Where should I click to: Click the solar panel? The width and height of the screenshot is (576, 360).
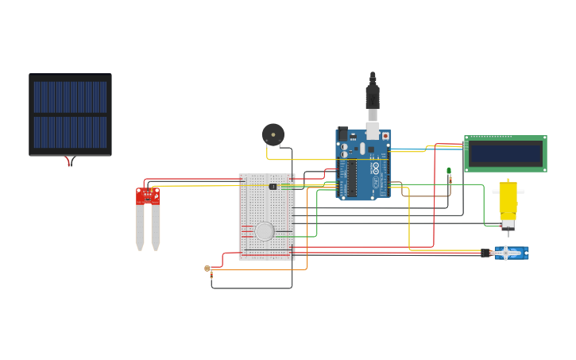[70, 114]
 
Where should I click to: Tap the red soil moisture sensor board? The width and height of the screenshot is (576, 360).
[148, 195]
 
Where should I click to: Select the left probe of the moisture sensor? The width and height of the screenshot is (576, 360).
[140, 226]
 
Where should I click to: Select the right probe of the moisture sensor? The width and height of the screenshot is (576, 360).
[156, 226]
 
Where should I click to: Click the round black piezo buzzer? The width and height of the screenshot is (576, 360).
[273, 134]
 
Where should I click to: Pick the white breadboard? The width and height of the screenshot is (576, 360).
[266, 216]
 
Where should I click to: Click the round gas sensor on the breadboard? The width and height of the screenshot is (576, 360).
[265, 231]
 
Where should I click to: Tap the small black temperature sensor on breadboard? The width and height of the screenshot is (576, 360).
[273, 187]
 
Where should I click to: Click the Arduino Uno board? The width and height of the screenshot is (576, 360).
[364, 165]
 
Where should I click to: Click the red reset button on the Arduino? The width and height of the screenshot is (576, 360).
[386, 136]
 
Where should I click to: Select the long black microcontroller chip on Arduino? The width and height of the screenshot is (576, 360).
[351, 179]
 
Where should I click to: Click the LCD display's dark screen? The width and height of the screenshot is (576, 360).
[504, 153]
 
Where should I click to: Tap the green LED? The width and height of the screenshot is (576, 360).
[449, 171]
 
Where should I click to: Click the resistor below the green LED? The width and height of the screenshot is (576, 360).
[450, 182]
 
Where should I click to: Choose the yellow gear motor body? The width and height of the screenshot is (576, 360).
[508, 199]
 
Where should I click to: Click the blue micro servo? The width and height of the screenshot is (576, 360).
[512, 253]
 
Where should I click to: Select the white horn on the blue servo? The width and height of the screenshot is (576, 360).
[505, 253]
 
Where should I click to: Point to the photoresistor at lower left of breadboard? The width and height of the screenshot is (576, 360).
[207, 269]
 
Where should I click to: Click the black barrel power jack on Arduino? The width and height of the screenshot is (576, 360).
[343, 134]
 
